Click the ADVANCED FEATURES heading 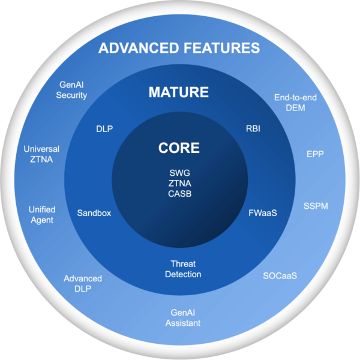[179, 48]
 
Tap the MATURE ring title [179, 92]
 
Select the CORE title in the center [179, 148]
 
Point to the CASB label [179, 194]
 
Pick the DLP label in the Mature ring [104, 128]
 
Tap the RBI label [253, 128]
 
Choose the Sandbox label [94, 213]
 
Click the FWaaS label [263, 213]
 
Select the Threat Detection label [183, 269]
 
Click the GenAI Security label [73, 90]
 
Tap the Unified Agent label [42, 214]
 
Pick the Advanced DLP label [83, 283]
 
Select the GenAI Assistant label [183, 318]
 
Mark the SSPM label [316, 206]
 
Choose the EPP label [315, 154]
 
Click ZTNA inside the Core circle [179, 184]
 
